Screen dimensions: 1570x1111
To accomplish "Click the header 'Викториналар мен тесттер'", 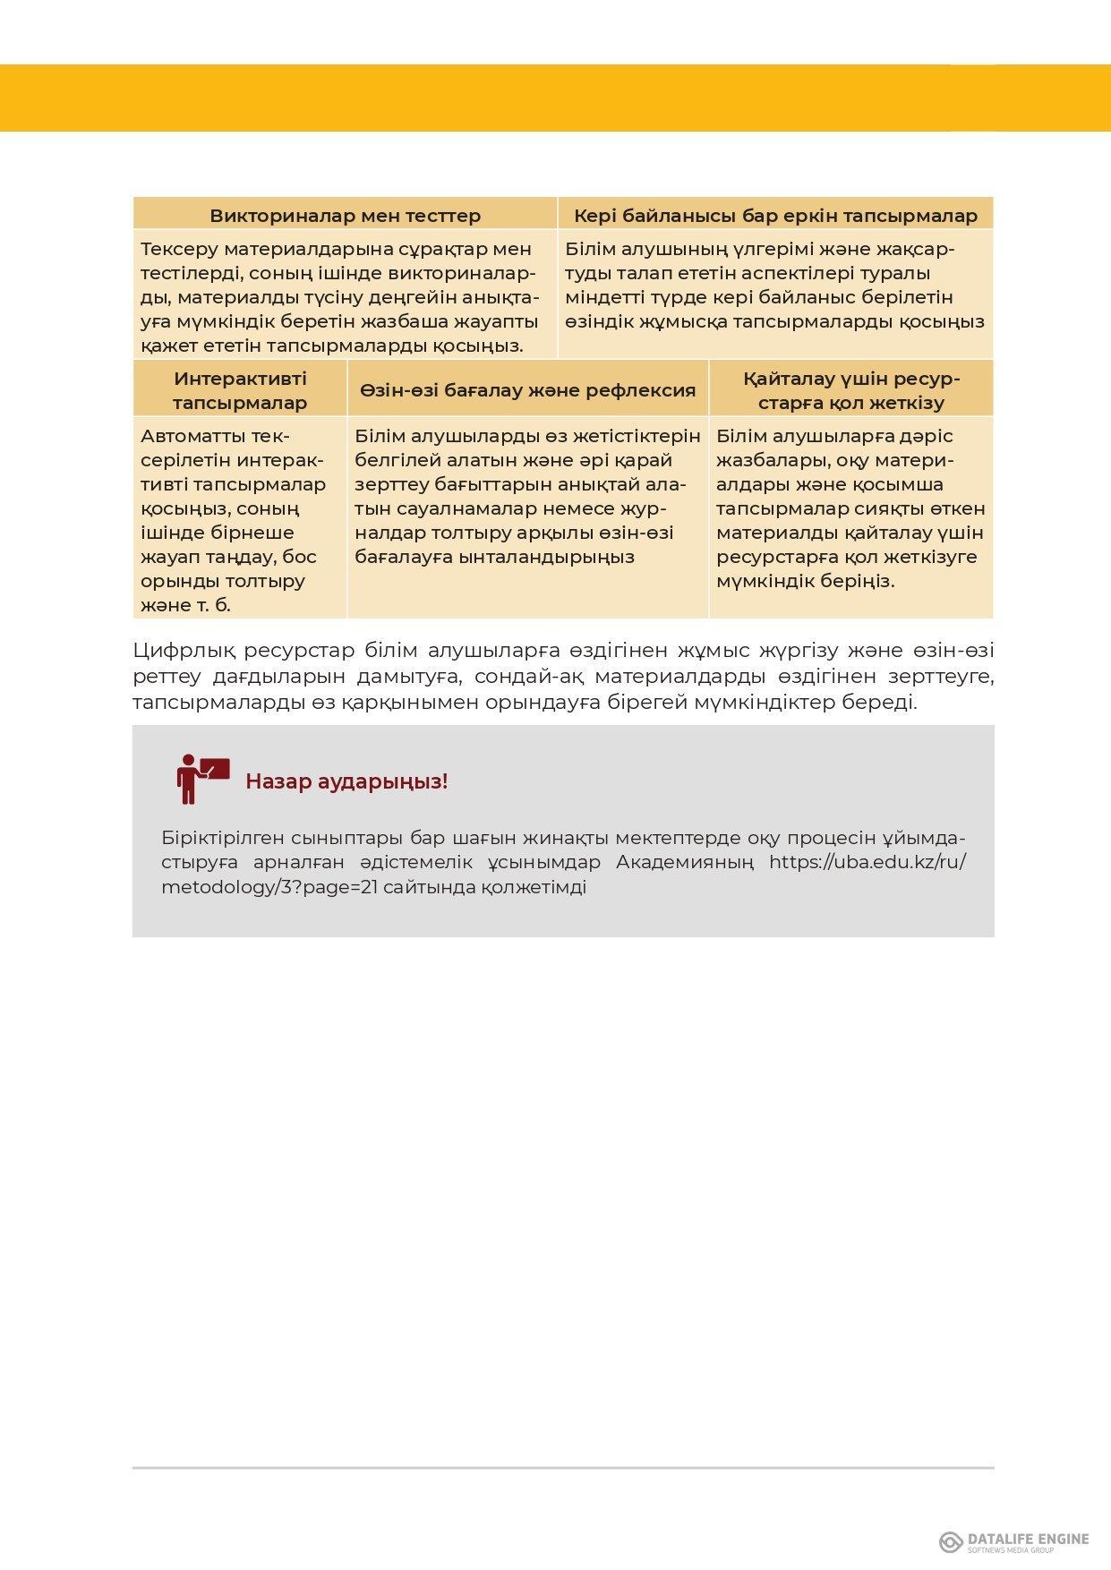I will click(x=345, y=216).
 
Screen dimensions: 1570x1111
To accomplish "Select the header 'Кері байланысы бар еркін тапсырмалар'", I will click(x=775, y=216).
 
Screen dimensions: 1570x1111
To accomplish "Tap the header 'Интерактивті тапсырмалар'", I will click(x=240, y=390).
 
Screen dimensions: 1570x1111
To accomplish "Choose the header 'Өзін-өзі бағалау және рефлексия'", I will click(x=528, y=390).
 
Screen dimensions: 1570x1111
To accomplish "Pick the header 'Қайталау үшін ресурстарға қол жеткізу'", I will click(x=851, y=390).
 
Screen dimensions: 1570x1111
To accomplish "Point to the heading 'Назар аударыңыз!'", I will click(x=346, y=781).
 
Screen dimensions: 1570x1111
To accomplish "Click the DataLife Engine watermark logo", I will click(x=1013, y=1541).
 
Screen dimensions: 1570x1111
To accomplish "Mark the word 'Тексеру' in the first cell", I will click(x=178, y=249).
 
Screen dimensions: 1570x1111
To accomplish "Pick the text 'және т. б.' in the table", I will click(x=185, y=605).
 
